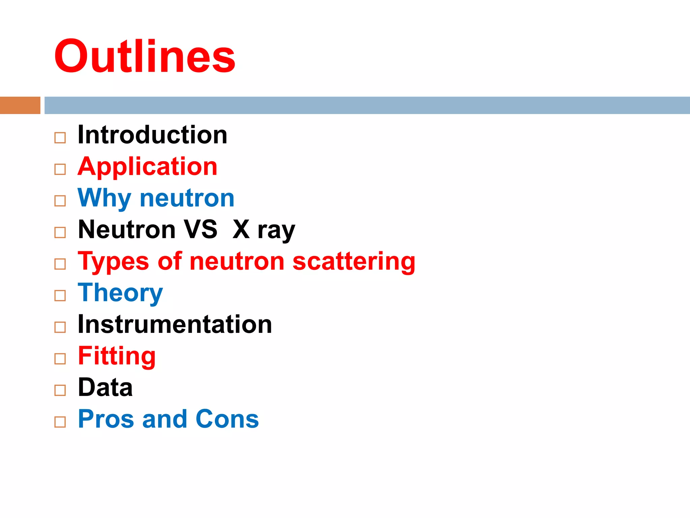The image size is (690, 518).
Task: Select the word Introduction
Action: pyautogui.click(x=152, y=135)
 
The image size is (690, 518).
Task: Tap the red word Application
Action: pyautogui.click(x=148, y=167)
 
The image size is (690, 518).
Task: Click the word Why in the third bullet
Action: pyautogui.click(x=104, y=198)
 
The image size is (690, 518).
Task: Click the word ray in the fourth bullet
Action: pyautogui.click(x=276, y=231)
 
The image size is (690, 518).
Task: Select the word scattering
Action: pyautogui.click(x=354, y=262)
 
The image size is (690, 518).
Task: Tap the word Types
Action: pyautogui.click(x=113, y=262)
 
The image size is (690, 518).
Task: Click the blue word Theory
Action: pyautogui.click(x=120, y=293)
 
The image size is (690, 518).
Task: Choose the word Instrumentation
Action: pyautogui.click(x=175, y=324)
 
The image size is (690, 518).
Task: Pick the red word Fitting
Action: pyautogui.click(x=117, y=356)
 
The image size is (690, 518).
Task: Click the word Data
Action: pyautogui.click(x=105, y=387)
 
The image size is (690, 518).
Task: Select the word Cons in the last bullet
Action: pyautogui.click(x=227, y=419)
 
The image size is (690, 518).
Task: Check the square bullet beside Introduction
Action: pyautogui.click(x=60, y=138)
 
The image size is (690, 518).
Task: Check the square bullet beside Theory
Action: pyautogui.click(x=60, y=296)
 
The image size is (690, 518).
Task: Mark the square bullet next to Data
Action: pyautogui.click(x=60, y=390)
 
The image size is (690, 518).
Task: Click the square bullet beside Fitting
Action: pyautogui.click(x=60, y=359)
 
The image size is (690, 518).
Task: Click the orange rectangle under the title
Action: pyautogui.click(x=20, y=105)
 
